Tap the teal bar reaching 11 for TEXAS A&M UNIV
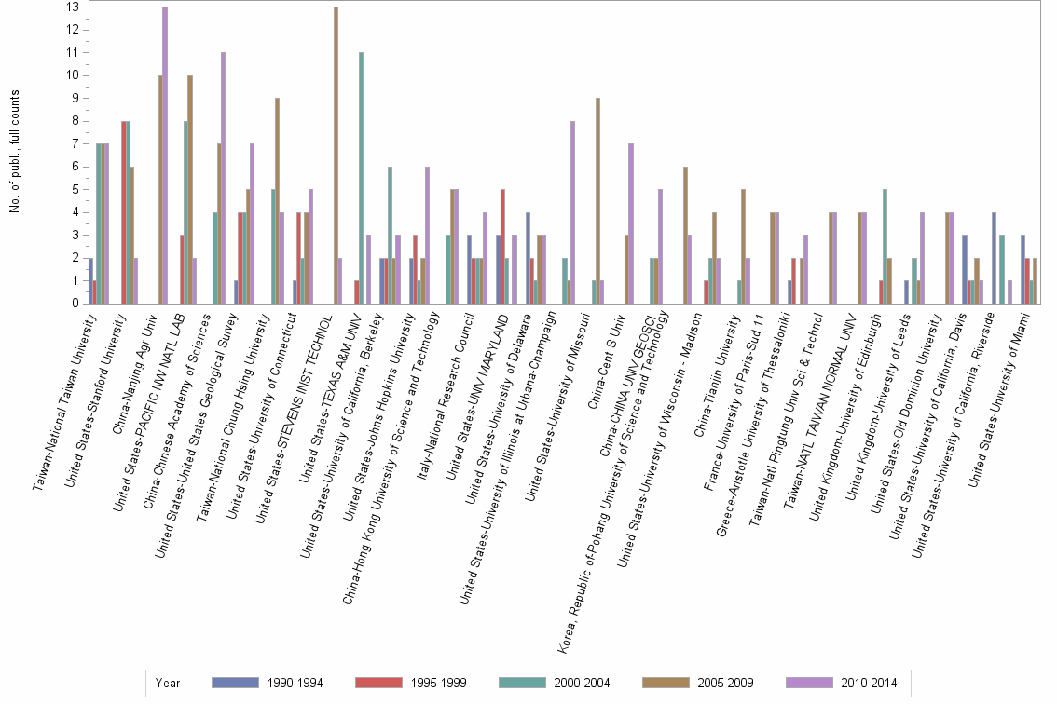click(361, 177)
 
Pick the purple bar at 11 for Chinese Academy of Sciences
click(223, 177)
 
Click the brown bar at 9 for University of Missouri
click(597, 200)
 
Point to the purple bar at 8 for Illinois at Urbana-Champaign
click(572, 211)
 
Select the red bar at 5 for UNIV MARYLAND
click(502, 246)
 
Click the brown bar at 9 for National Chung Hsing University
click(277, 200)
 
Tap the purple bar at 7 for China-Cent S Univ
click(631, 223)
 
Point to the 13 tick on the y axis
click(73, 7)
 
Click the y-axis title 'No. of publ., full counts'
click(16, 151)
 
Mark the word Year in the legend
click(169, 683)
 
